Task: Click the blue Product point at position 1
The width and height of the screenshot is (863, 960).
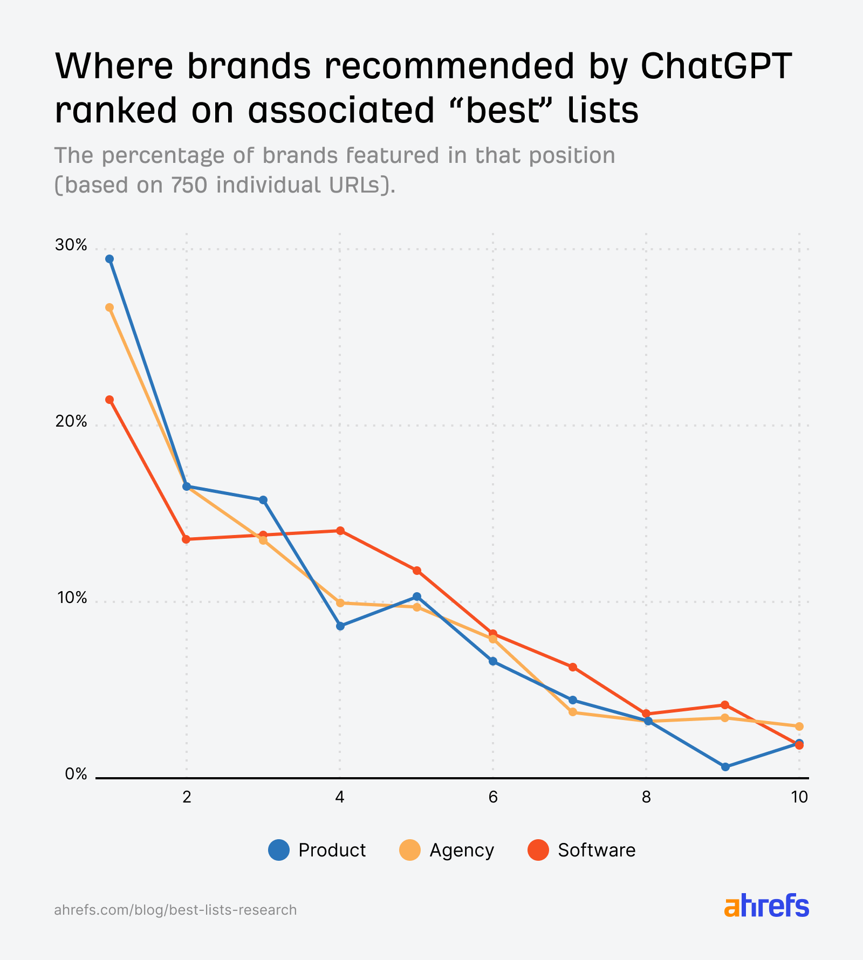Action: tap(109, 259)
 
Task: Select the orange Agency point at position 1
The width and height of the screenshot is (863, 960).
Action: tap(109, 307)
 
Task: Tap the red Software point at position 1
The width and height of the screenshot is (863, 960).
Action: tap(109, 400)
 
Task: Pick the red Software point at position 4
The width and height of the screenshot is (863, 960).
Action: tap(340, 531)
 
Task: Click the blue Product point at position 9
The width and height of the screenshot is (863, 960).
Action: tap(725, 767)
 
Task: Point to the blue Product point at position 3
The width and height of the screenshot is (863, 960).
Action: tap(263, 500)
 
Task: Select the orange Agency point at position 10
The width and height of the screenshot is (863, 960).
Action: tap(799, 726)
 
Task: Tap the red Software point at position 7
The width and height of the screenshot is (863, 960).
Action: tap(573, 667)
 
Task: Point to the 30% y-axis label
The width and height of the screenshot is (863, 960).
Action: tap(71, 245)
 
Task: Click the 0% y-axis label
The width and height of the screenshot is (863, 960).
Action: tap(76, 774)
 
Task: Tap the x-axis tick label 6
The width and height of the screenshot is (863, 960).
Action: tap(493, 797)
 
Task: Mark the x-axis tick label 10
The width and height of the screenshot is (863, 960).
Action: tap(799, 797)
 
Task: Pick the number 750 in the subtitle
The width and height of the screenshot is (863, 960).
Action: tap(189, 185)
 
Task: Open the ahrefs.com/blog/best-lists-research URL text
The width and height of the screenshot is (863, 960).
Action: tap(175, 910)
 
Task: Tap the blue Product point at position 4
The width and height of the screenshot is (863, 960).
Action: tap(340, 626)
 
